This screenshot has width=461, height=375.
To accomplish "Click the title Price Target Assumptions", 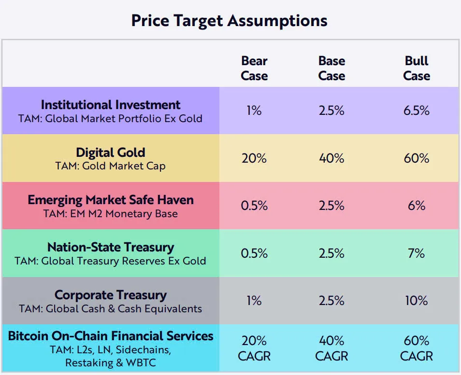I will click(230, 21).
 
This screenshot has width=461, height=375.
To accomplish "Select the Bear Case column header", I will click(254, 69).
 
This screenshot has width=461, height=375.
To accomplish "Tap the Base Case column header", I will click(331, 69).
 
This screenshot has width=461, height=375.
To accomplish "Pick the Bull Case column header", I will click(417, 69).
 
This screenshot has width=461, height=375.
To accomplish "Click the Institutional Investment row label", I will click(111, 105).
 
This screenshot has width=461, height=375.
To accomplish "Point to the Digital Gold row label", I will click(111, 153).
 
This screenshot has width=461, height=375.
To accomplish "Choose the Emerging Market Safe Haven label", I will click(111, 200).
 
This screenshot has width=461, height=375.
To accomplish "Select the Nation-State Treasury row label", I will click(111, 248).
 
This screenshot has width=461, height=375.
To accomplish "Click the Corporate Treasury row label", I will click(111, 295).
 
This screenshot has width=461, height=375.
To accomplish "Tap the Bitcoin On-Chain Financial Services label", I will click(111, 336).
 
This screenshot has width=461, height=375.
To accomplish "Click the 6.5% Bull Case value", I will click(417, 111).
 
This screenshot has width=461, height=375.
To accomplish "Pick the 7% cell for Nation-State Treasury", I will click(417, 253).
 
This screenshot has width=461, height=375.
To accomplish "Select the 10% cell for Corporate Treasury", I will click(417, 301).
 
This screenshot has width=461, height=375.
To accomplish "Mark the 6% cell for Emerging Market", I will click(417, 206).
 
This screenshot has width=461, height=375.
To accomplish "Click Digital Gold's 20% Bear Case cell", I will click(254, 158).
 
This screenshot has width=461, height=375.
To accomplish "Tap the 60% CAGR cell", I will click(417, 348).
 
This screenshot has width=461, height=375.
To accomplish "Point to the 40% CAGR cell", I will click(331, 348).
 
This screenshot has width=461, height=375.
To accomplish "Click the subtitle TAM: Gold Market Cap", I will click(111, 166).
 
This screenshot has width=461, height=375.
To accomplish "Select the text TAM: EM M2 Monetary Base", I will click(111, 213).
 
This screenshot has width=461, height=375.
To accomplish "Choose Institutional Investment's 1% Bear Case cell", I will click(254, 111).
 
